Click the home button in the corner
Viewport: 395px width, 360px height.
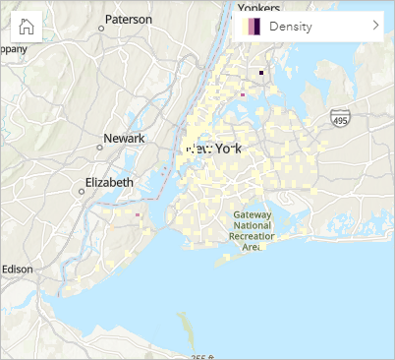(x=26, y=27)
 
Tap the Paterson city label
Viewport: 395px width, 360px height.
(x=129, y=19)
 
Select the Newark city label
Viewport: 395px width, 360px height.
(x=126, y=138)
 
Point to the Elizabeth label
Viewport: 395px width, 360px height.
(x=109, y=182)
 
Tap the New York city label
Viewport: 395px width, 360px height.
(x=214, y=149)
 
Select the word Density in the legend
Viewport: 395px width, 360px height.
(x=291, y=27)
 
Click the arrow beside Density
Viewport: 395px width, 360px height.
(x=375, y=27)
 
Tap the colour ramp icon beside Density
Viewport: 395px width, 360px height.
(x=252, y=27)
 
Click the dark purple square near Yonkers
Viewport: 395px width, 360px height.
(x=261, y=73)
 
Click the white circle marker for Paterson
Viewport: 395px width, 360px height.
(x=101, y=29)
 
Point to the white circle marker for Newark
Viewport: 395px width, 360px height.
(x=99, y=148)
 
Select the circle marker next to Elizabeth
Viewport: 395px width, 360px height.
(x=81, y=191)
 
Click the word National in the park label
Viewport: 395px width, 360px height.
(x=251, y=225)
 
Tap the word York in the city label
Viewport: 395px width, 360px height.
(x=228, y=149)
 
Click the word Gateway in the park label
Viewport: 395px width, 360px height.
(x=252, y=214)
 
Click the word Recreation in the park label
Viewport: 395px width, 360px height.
(x=252, y=236)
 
